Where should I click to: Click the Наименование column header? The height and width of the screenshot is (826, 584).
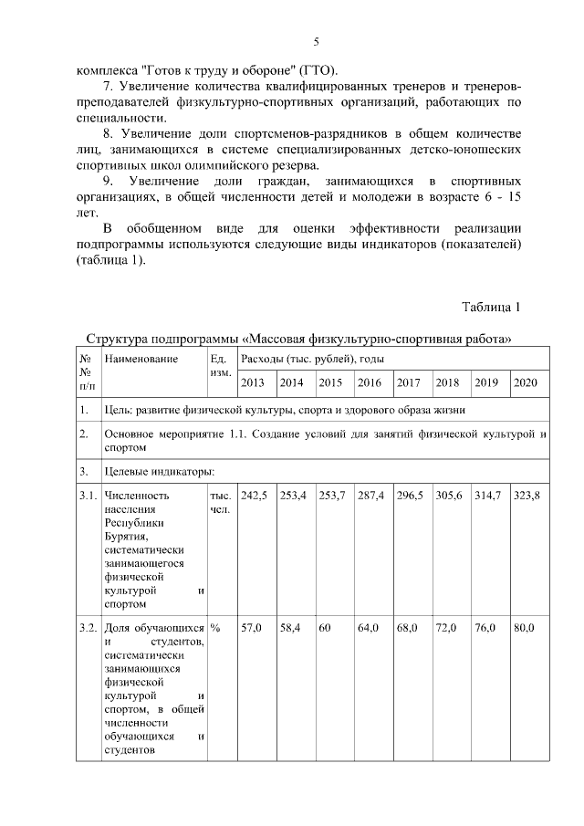tap(141, 360)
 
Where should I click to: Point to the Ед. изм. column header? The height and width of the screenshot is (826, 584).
tap(220, 366)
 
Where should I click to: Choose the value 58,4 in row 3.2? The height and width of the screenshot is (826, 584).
tap(291, 628)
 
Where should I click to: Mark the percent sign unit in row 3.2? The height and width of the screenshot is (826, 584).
tap(215, 628)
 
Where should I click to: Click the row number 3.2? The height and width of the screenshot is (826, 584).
tap(88, 628)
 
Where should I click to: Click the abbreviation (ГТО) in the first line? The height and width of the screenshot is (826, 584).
tap(317, 70)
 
